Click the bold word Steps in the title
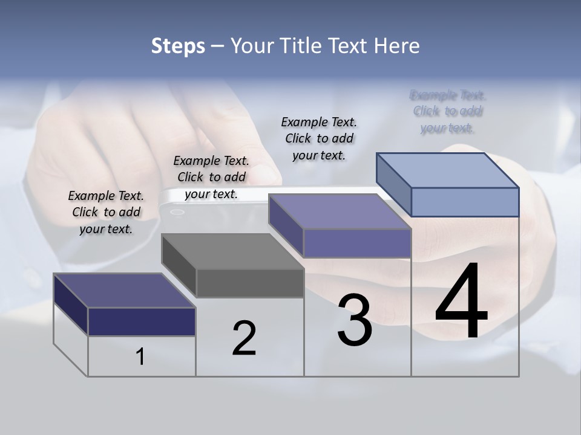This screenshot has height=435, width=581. (x=178, y=46)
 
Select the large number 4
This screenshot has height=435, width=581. (x=461, y=302)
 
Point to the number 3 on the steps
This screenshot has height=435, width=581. (x=355, y=321)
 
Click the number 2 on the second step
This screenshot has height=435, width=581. (x=245, y=338)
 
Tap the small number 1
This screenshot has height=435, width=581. (x=140, y=357)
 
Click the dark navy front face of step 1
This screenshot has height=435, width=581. (x=142, y=321)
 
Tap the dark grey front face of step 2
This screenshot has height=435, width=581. (x=250, y=283)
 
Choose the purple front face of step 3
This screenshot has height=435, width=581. (x=357, y=243)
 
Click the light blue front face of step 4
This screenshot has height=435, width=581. (x=465, y=202)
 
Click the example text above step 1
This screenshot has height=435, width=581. (x=106, y=212)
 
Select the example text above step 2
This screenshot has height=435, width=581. (x=211, y=177)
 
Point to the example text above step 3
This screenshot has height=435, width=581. (x=319, y=138)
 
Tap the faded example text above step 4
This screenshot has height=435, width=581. (x=448, y=111)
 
